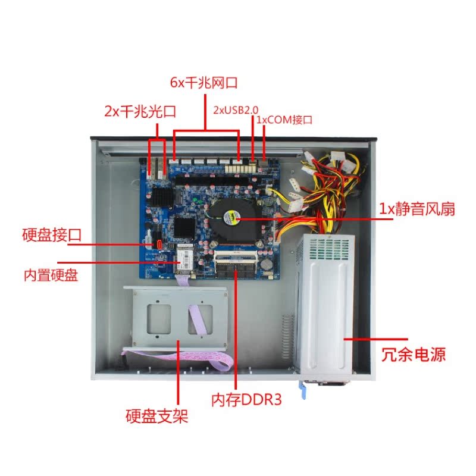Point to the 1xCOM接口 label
(284, 120)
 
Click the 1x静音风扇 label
(416, 209)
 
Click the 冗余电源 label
(413, 355)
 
